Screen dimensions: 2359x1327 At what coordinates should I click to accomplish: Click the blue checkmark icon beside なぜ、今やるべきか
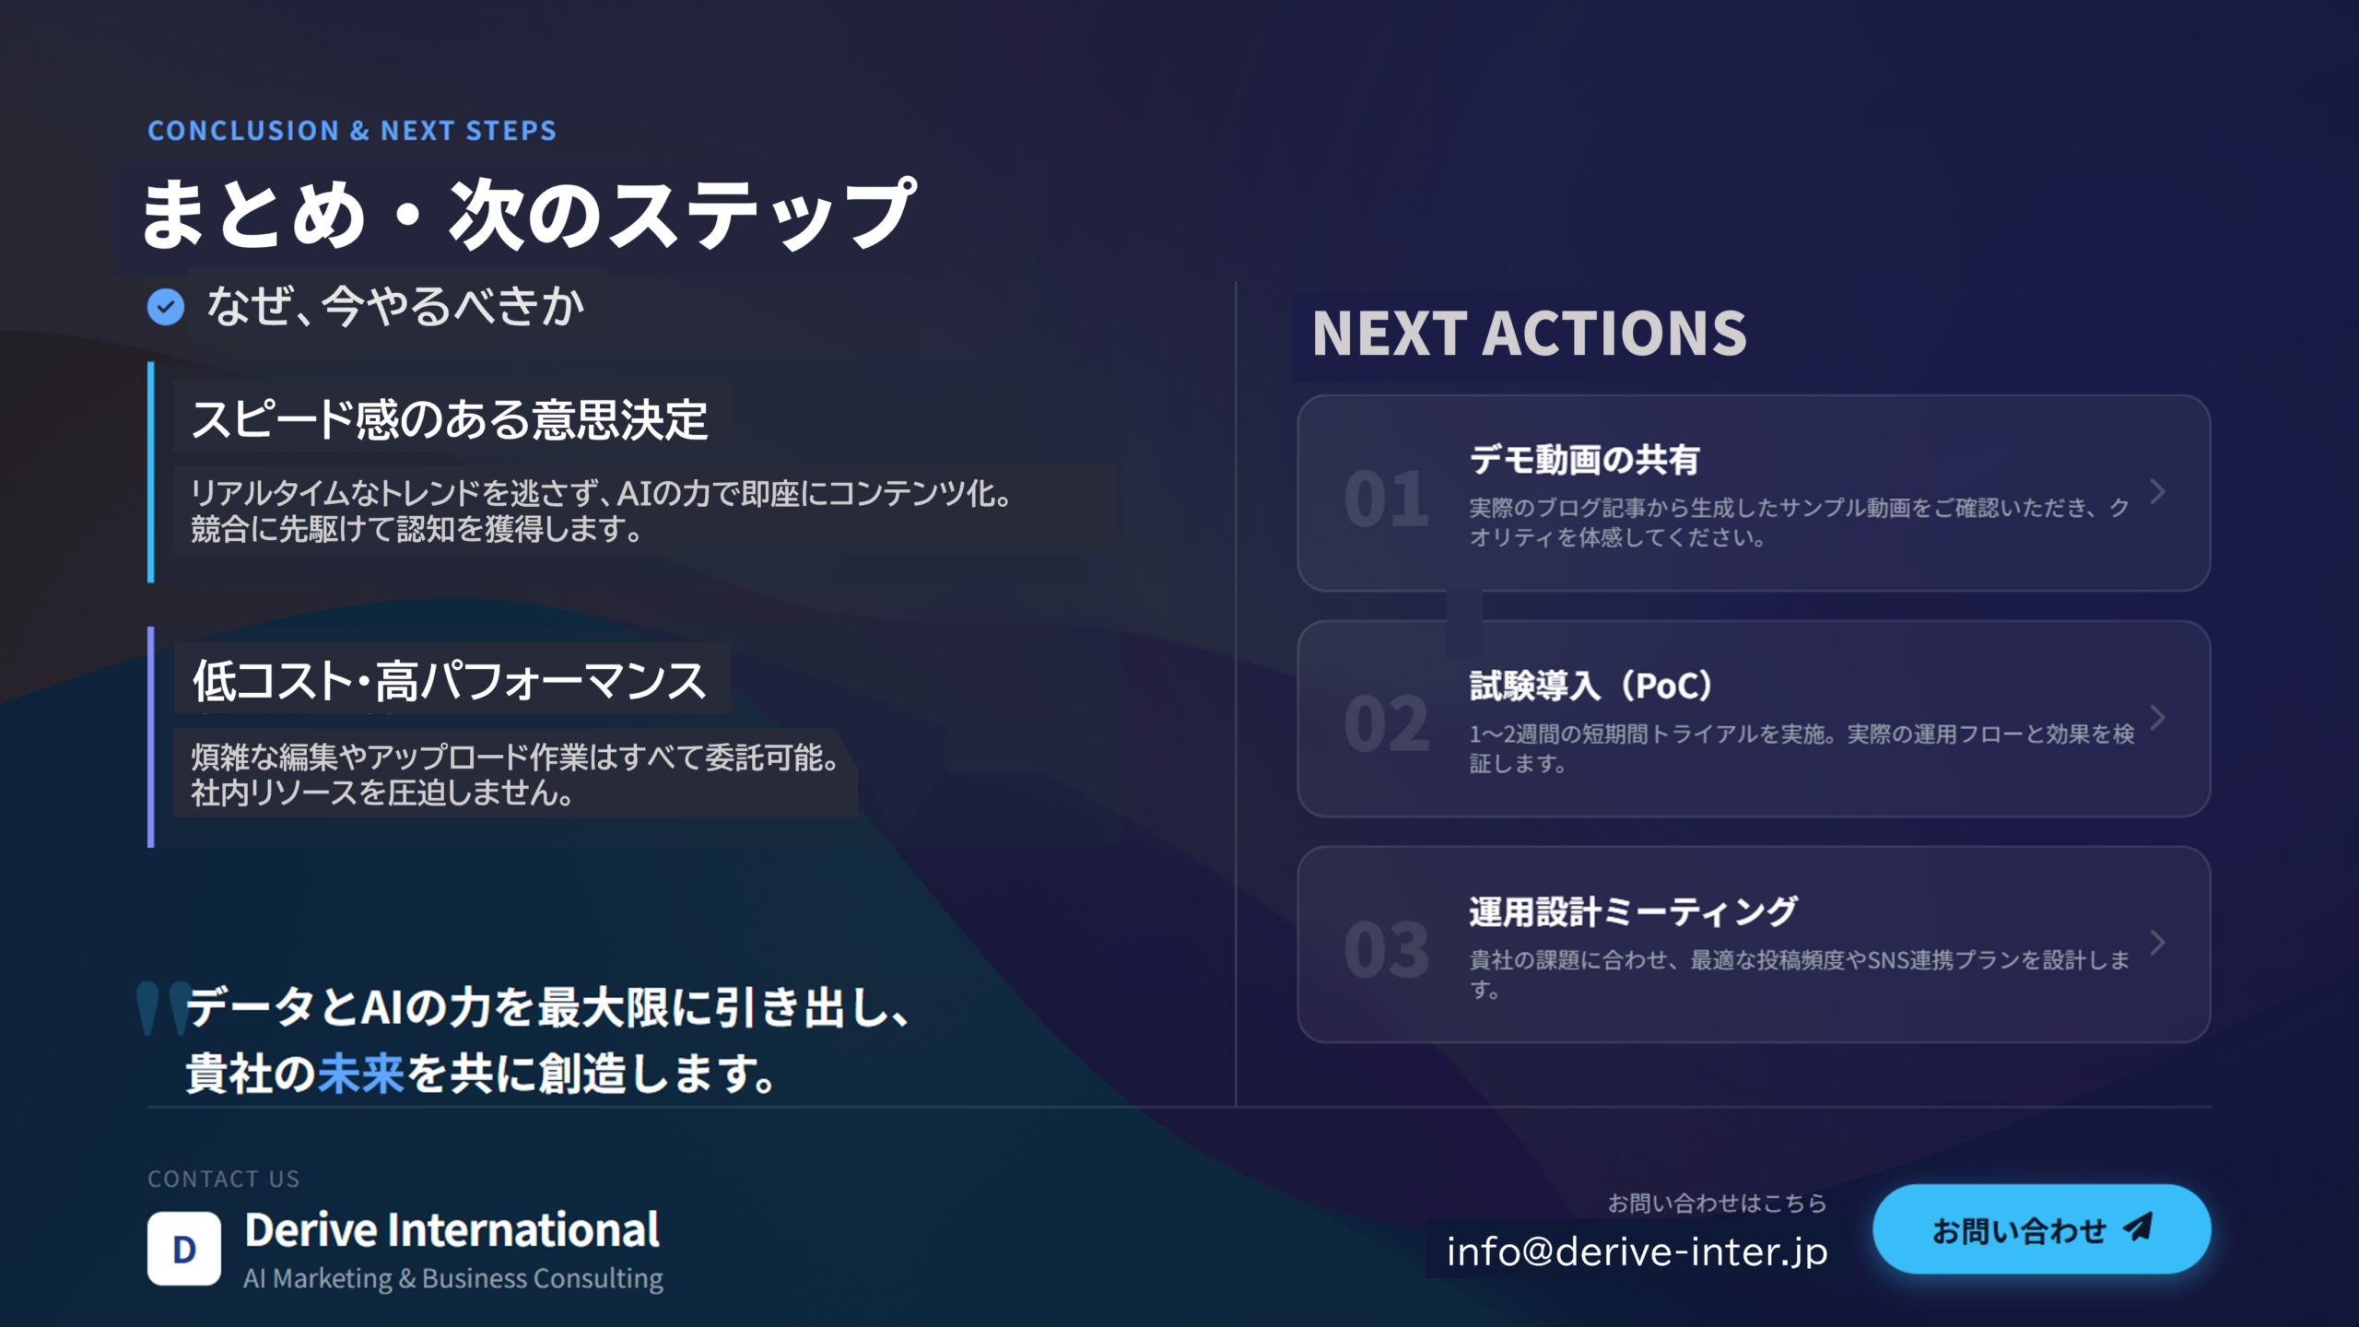pos(166,307)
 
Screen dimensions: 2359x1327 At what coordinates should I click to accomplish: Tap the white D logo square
pos(184,1249)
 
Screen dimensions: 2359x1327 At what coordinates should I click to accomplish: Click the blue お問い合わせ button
pos(2042,1229)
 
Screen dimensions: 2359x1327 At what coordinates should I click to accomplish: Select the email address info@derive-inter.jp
pos(1637,1251)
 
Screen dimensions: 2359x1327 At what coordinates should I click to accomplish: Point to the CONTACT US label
pos(224,1179)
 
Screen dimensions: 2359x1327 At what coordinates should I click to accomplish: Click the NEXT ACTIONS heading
pos(1530,333)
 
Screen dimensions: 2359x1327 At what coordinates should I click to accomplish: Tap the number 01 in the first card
pos(1386,499)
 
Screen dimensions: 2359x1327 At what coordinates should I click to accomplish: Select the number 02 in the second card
pos(1386,724)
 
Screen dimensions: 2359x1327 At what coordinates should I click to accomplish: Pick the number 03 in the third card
pos(1386,950)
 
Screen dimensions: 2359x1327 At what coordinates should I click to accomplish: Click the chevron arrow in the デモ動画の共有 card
pos(2158,492)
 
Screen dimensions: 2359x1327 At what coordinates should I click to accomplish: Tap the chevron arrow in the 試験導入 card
pos(2158,718)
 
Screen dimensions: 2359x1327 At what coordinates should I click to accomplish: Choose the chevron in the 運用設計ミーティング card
pos(2158,944)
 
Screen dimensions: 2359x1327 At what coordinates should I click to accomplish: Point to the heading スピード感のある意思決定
pos(450,419)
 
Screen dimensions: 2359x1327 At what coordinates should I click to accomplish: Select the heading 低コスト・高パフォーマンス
pos(450,681)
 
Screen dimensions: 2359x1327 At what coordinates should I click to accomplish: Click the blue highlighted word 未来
pos(361,1074)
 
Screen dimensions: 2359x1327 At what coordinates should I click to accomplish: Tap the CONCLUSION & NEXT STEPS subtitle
pos(352,131)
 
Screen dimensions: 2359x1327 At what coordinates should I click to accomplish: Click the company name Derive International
pos(452,1230)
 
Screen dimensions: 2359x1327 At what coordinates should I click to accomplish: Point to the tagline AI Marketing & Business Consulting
pos(453,1278)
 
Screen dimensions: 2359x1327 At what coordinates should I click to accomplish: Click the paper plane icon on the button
pos(2138,1227)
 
